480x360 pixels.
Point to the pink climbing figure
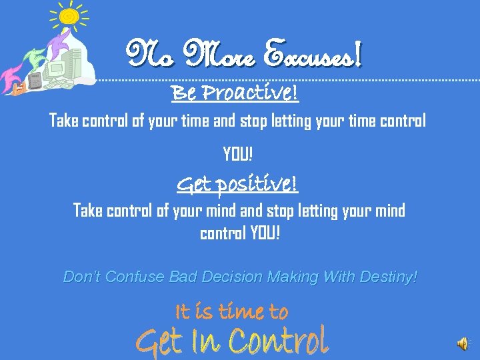tap(12, 74)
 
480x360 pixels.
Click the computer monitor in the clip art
tap(55, 67)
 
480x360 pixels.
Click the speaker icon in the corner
tap(463, 343)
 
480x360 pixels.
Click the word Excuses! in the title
tap(313, 53)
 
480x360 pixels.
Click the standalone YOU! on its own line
tap(238, 155)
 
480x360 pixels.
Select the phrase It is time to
tap(231, 311)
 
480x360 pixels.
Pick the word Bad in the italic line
tap(182, 276)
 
